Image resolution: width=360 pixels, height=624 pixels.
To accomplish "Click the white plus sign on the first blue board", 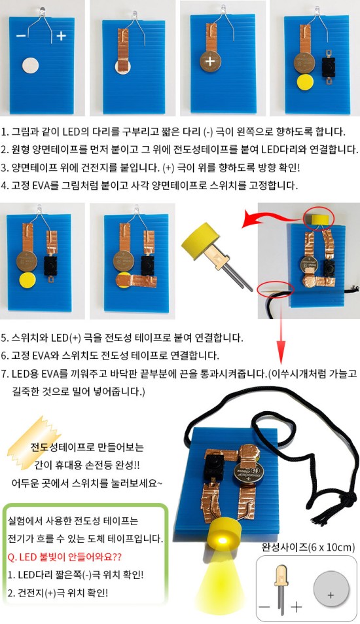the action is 61,36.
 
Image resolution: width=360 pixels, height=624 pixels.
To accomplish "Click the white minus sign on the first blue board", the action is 21,36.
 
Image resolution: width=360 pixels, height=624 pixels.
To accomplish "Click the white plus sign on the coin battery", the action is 210,62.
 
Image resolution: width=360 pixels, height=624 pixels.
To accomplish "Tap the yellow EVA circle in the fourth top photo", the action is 305,82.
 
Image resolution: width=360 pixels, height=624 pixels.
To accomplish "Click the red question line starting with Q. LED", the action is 65,557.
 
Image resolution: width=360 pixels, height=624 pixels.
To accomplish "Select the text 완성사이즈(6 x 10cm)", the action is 308,547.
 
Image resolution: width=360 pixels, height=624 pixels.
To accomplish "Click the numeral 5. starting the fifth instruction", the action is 5,338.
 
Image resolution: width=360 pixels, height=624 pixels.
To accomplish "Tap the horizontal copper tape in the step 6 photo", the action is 136,281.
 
